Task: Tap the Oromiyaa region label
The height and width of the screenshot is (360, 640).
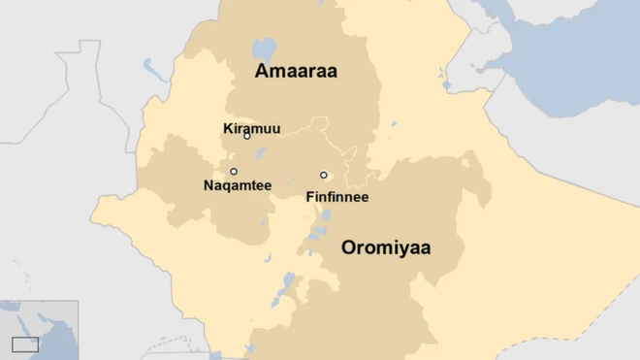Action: (x=386, y=247)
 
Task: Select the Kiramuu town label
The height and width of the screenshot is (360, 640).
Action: (x=251, y=127)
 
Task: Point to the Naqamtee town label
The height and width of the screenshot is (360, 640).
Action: (x=238, y=185)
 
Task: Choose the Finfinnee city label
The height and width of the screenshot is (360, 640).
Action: (x=336, y=197)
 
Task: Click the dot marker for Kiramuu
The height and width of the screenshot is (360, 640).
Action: (x=247, y=136)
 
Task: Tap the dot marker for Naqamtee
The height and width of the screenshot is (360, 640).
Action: (x=234, y=172)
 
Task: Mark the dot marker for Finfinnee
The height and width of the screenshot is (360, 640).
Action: (x=324, y=176)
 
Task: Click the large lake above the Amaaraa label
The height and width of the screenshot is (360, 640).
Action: (x=263, y=48)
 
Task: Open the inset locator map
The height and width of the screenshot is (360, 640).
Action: (x=39, y=330)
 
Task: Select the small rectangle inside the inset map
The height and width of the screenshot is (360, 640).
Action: (x=25, y=344)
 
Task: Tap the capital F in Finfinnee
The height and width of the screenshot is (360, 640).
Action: (x=309, y=197)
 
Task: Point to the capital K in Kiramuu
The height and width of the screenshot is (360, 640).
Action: (x=228, y=127)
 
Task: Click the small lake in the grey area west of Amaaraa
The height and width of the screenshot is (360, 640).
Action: (x=150, y=66)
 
